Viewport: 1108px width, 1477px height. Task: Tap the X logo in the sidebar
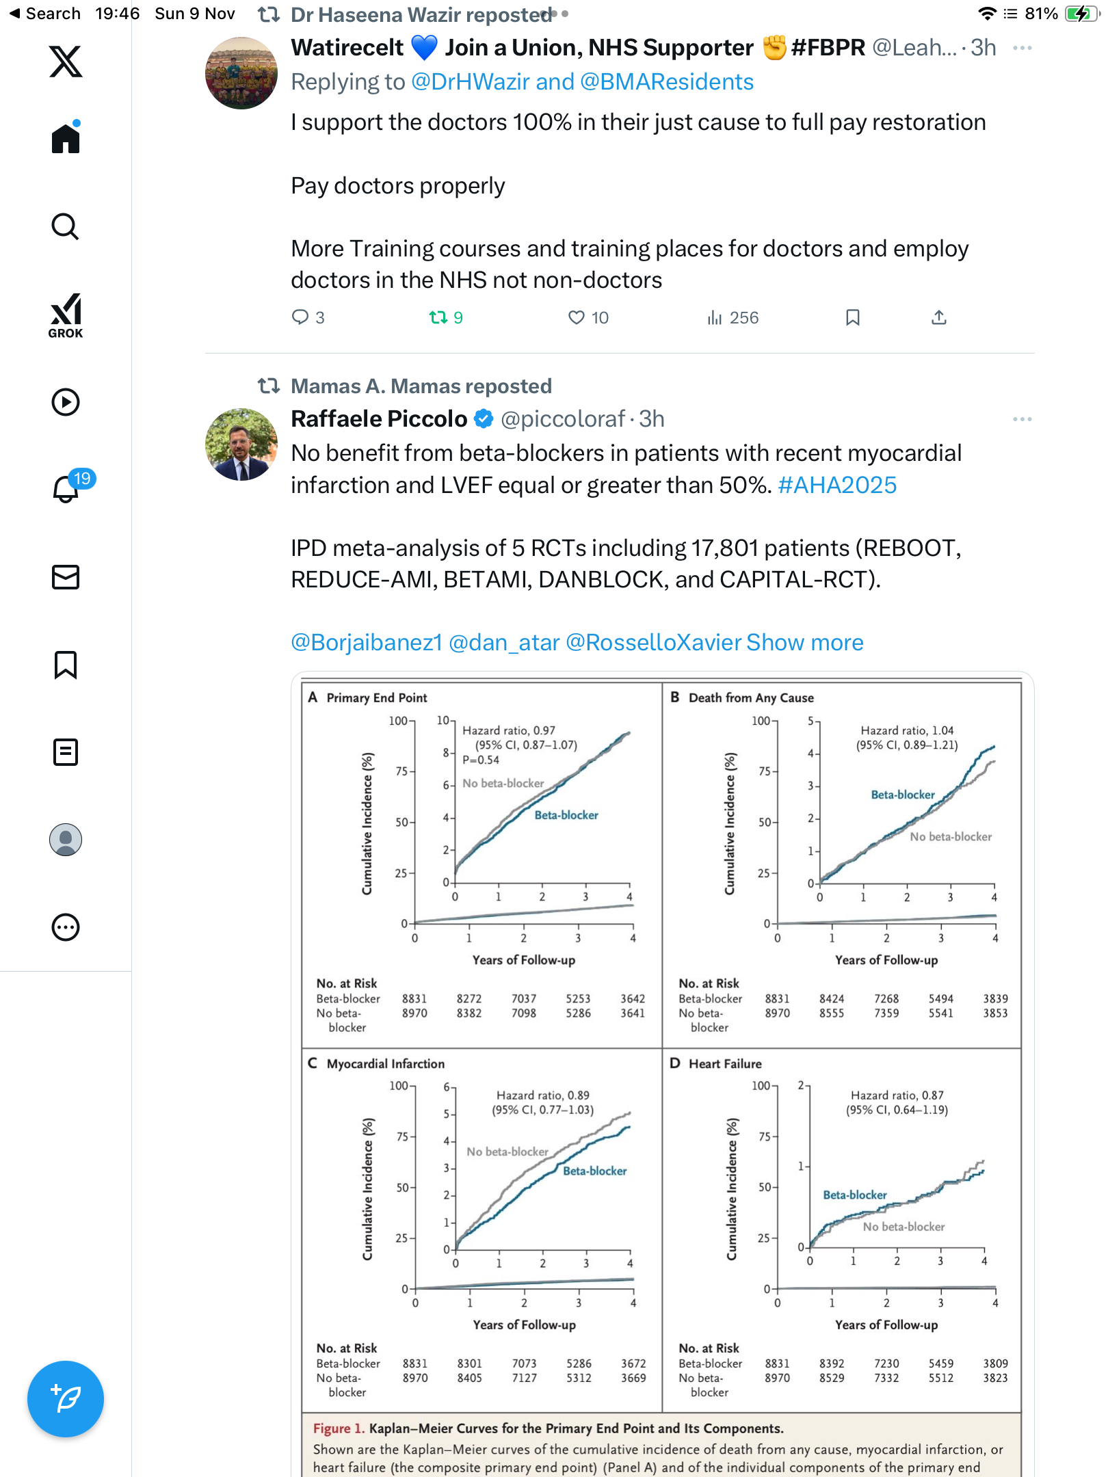tap(66, 62)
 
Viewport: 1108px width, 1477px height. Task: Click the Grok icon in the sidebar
tap(66, 315)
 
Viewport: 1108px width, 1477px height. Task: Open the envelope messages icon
tap(66, 577)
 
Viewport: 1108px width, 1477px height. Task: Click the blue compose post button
tap(66, 1399)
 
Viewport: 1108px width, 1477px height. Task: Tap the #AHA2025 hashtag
tap(837, 485)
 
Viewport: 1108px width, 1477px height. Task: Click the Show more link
tap(805, 643)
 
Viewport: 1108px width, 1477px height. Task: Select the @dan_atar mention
tap(504, 643)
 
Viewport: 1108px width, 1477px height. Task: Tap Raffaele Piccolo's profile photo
tap(241, 444)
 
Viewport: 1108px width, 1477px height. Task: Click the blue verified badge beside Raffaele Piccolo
tap(484, 419)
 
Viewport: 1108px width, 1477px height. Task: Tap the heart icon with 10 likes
tap(577, 317)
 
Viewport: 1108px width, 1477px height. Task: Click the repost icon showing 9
tap(438, 317)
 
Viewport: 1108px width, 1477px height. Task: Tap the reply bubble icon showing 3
tap(300, 317)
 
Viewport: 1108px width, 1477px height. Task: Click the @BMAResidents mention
tap(667, 82)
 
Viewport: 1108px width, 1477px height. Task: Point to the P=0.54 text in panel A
tap(481, 760)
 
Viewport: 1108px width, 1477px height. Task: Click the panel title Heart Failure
tap(725, 1063)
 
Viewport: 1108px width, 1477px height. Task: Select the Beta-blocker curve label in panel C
tap(594, 1171)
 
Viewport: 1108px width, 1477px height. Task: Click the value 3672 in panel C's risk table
tap(633, 1363)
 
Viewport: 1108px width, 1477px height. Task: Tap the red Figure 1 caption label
tap(339, 1428)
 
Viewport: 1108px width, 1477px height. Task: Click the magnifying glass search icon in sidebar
tap(66, 226)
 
